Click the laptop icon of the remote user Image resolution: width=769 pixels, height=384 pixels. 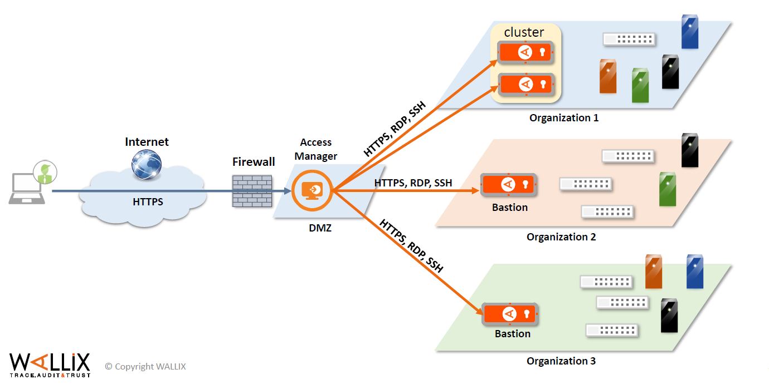coord(26,189)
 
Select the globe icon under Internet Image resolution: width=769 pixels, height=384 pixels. coord(147,165)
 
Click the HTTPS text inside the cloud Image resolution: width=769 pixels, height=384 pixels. coord(148,202)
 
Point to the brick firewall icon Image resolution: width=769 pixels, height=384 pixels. coord(252,191)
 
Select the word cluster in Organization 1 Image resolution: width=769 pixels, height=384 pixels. coord(524,32)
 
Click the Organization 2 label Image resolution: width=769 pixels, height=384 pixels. coord(561,237)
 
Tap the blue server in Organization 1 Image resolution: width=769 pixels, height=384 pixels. coord(690,32)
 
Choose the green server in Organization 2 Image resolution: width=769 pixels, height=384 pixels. coord(667,189)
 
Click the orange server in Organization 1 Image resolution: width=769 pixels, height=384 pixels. coord(608,76)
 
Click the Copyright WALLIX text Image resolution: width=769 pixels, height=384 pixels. coord(145,366)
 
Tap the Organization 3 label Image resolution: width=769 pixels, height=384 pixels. coord(561,361)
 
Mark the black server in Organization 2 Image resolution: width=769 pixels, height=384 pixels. coord(690,150)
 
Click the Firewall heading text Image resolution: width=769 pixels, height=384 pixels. coord(254,162)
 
